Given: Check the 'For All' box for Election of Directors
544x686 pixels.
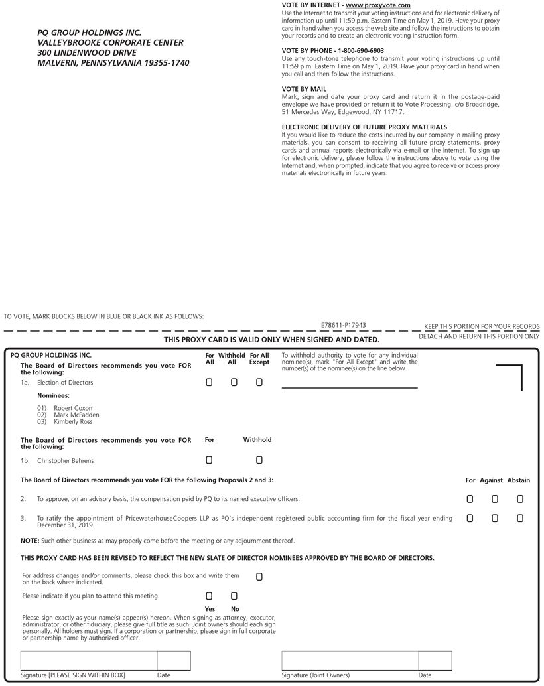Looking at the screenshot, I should (x=209, y=382).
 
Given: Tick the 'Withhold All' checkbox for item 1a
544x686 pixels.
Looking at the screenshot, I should (x=234, y=382).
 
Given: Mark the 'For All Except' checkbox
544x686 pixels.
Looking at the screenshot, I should (x=259, y=382).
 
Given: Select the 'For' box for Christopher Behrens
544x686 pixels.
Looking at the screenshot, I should (x=209, y=460).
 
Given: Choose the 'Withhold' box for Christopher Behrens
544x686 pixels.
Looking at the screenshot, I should (x=259, y=460).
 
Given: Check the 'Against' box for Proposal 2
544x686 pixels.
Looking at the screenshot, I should (x=495, y=498).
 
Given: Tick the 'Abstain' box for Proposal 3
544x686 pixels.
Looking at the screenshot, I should (x=520, y=518).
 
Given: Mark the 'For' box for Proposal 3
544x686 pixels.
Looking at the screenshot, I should (x=470, y=518).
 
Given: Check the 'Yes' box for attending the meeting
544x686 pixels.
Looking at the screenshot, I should (x=209, y=596).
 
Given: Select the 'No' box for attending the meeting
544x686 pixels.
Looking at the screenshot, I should (x=234, y=596).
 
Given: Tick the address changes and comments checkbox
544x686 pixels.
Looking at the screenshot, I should (x=259, y=577).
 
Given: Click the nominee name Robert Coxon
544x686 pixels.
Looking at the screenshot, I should (x=73, y=408).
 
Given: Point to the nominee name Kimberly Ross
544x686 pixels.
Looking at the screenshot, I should (x=73, y=421).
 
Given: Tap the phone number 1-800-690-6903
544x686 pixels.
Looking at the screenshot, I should (x=361, y=50).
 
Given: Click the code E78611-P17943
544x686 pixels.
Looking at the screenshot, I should (x=344, y=325).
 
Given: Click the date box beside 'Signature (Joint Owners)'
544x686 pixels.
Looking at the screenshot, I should (x=435, y=661).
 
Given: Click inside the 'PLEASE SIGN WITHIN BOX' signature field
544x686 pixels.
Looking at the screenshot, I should (x=89, y=661).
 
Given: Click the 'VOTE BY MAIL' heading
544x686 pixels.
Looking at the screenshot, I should (x=304, y=88).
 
